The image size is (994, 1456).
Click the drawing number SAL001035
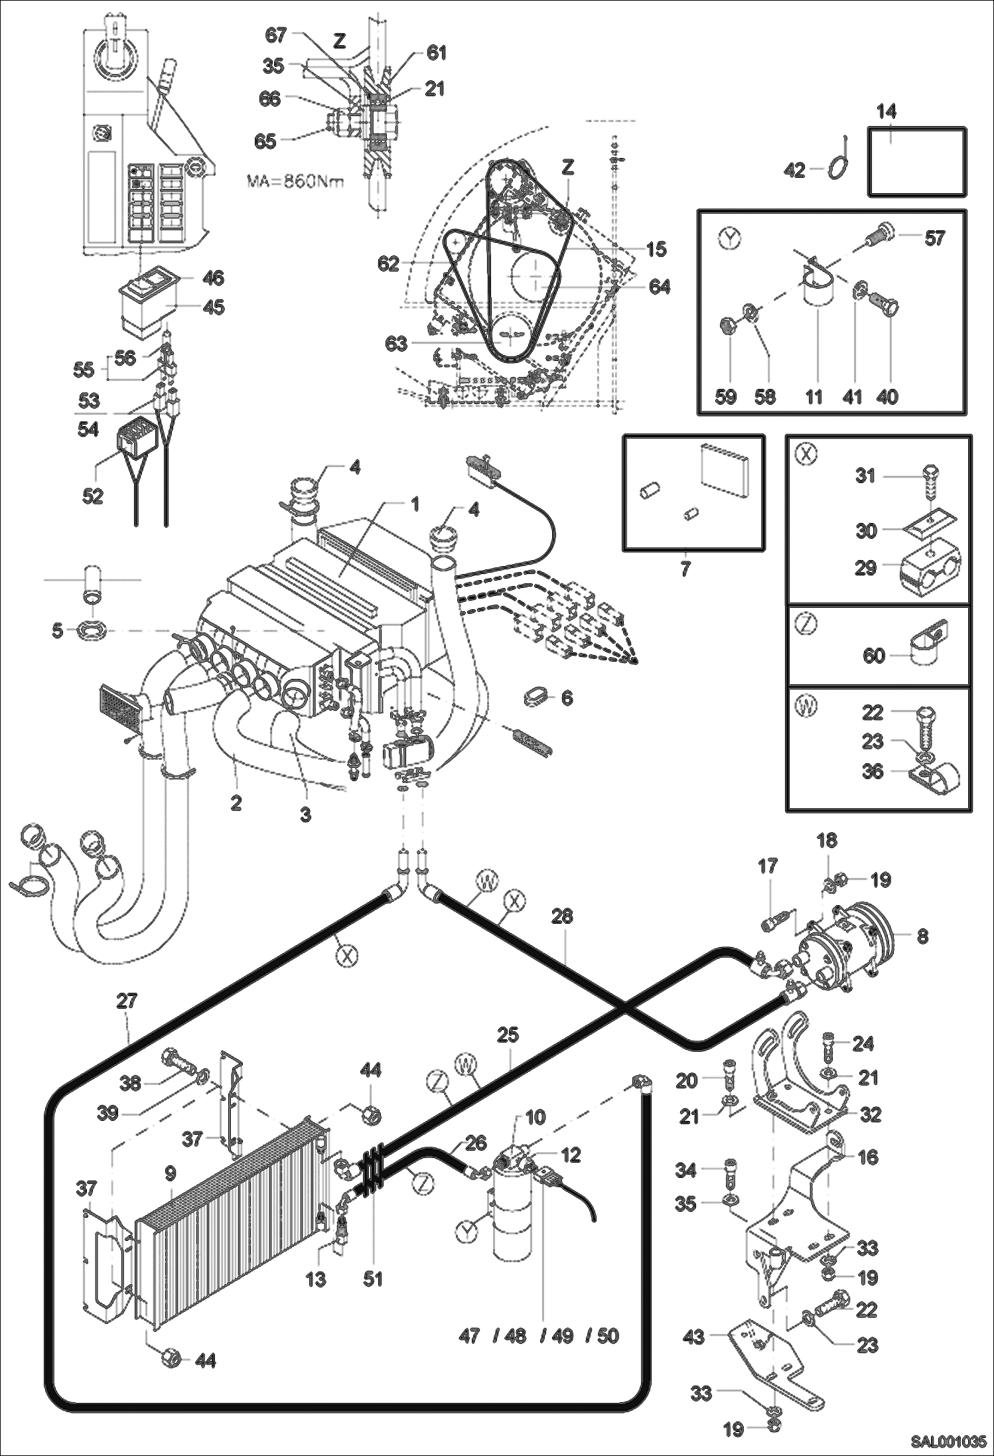[x=948, y=1442]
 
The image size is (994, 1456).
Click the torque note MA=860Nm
[x=295, y=181]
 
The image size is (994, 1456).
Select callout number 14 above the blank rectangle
[x=887, y=111]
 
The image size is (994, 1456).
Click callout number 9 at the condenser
[x=171, y=1173]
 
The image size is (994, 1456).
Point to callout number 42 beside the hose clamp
[x=794, y=171]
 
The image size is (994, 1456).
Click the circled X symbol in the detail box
[x=805, y=455]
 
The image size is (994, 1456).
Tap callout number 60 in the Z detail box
[x=874, y=656]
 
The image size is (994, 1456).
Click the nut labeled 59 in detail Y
[x=729, y=326]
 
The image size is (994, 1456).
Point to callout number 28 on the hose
[x=562, y=916]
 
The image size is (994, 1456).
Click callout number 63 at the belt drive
[x=396, y=344]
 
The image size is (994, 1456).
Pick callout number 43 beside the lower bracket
[x=693, y=1336]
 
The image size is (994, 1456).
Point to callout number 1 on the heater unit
[x=415, y=505]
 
